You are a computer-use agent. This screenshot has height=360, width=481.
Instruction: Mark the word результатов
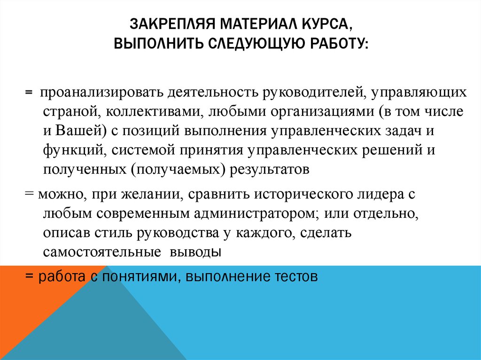(x=269, y=169)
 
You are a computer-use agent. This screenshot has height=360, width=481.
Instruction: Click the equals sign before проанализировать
(x=29, y=92)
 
